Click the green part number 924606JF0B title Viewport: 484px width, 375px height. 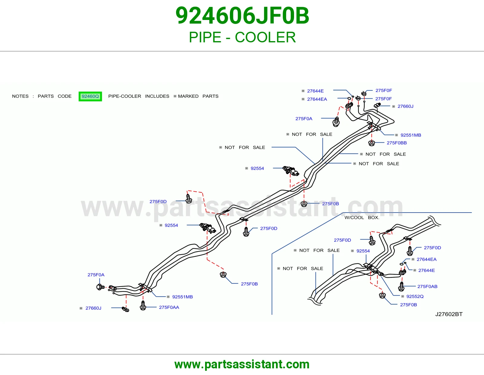coord(242,16)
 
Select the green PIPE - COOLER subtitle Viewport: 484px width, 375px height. coord(242,37)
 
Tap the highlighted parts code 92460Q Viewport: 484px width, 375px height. coord(90,96)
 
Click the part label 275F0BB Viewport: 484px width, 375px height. coord(397,143)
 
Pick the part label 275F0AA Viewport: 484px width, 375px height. coord(169,307)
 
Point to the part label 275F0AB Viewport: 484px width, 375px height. coord(427,286)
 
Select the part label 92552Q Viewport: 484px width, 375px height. coord(415,296)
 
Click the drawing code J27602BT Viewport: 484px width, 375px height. coord(449,314)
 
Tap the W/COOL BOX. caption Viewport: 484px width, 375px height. coord(362,217)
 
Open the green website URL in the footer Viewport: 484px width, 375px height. coord(242,364)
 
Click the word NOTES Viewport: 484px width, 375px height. coord(20,96)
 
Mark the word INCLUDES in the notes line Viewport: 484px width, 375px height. coord(157,96)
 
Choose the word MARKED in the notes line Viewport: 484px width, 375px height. coord(188,96)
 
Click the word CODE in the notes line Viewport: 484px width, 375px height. coord(65,96)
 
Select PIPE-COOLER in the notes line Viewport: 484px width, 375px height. coord(125,96)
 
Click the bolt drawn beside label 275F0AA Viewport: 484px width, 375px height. coord(143,305)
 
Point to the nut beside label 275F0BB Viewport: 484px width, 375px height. coord(371,143)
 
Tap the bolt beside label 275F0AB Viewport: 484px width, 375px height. coord(401,287)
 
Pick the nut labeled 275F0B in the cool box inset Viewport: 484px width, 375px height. coord(382,296)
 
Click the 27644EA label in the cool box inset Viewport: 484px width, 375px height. coord(427,259)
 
